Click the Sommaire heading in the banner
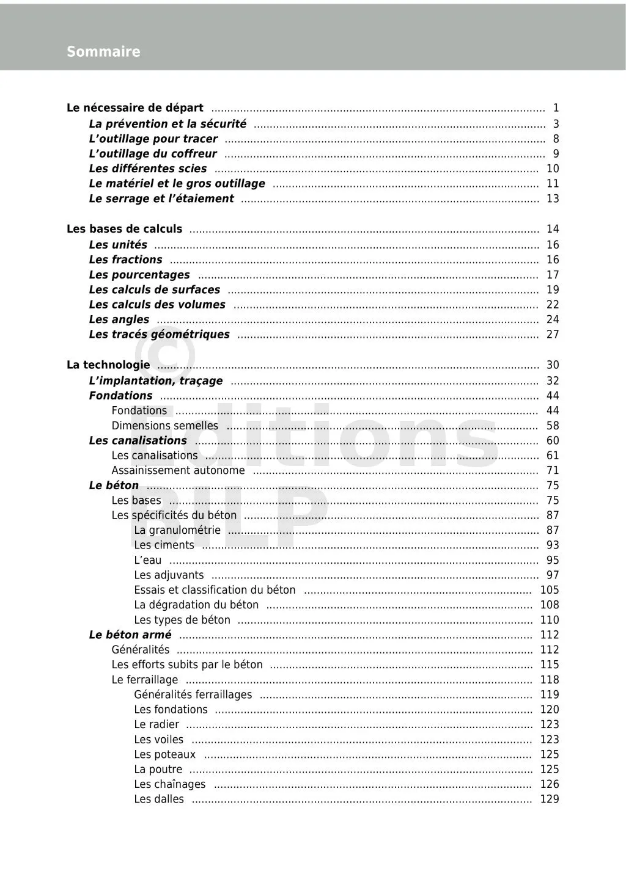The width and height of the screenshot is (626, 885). click(103, 52)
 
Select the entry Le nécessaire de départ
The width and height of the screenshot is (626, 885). click(135, 108)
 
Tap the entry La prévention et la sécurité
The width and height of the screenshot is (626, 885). click(168, 124)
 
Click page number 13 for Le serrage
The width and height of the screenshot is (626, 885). click(553, 198)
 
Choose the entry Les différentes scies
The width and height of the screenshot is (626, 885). click(148, 169)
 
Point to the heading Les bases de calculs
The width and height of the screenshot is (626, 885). click(124, 229)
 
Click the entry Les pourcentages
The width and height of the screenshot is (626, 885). click(139, 275)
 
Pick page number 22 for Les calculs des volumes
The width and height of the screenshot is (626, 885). click(553, 304)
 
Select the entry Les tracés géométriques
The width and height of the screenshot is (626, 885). click(159, 334)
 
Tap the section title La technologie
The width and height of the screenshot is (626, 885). click(108, 365)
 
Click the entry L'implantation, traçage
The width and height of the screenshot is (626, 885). click(156, 381)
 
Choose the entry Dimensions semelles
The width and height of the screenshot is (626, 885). click(164, 426)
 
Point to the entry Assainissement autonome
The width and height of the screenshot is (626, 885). click(178, 470)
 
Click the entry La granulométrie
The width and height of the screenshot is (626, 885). click(177, 530)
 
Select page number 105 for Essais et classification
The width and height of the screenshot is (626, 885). click(550, 590)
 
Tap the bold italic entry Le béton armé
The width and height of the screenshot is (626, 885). click(130, 635)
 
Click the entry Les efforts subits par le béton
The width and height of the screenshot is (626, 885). click(187, 665)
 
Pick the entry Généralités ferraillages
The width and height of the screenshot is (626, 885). click(193, 694)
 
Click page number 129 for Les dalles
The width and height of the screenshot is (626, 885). click(550, 799)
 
